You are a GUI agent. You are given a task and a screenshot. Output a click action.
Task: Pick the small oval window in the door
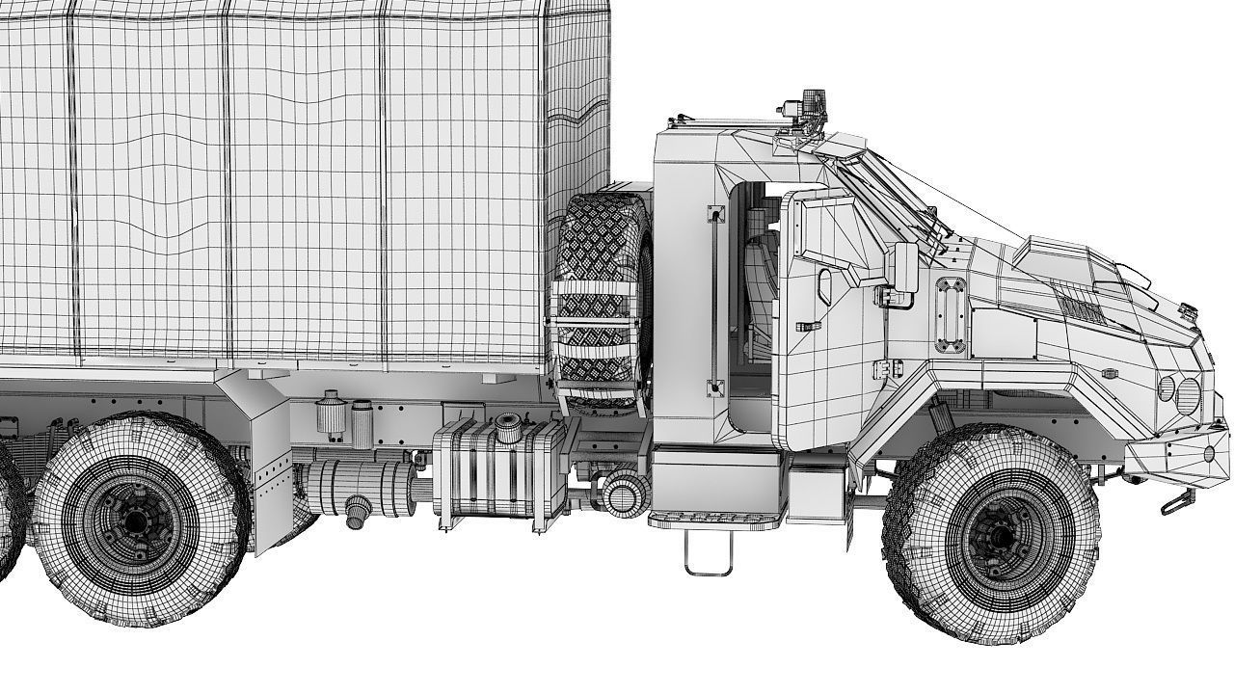coord(824,285)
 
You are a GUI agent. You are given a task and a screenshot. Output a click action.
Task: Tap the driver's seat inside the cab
coord(759,289)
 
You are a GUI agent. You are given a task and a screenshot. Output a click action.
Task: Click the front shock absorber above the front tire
coord(939,417)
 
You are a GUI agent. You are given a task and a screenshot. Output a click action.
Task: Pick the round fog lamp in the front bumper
coord(1209,453)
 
